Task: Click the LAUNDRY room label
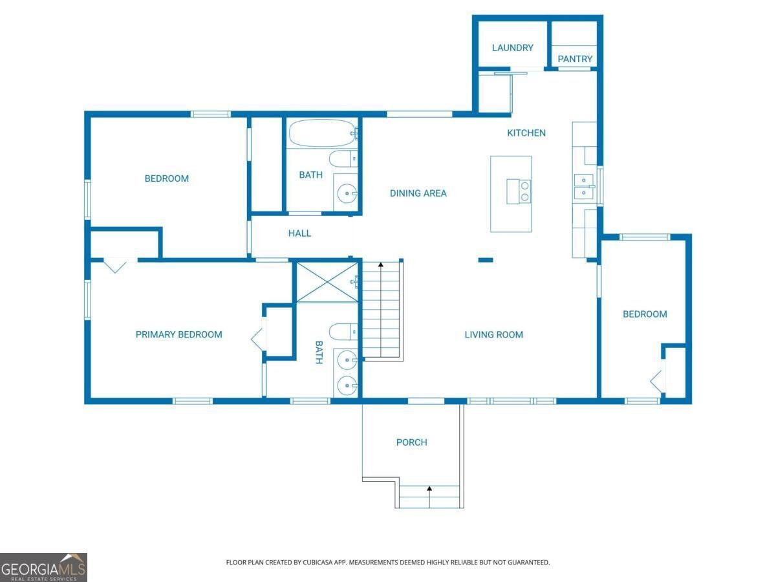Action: point(512,48)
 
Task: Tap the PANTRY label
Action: point(575,59)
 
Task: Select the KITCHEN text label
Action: point(526,133)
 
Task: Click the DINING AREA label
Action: point(418,193)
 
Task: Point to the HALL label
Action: point(299,233)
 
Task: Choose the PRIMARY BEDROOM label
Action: point(178,335)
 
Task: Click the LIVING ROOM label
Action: point(493,335)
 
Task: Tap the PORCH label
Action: point(411,443)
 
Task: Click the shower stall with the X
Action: point(327,282)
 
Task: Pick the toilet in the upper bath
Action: point(340,158)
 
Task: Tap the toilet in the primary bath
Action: point(341,332)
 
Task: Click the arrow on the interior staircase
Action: point(382,264)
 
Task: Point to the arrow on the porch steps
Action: point(429,490)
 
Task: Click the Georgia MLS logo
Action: point(43,567)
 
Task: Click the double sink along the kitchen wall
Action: point(584,186)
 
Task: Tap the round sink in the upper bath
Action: point(348,193)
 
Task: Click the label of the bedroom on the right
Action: point(644,314)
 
